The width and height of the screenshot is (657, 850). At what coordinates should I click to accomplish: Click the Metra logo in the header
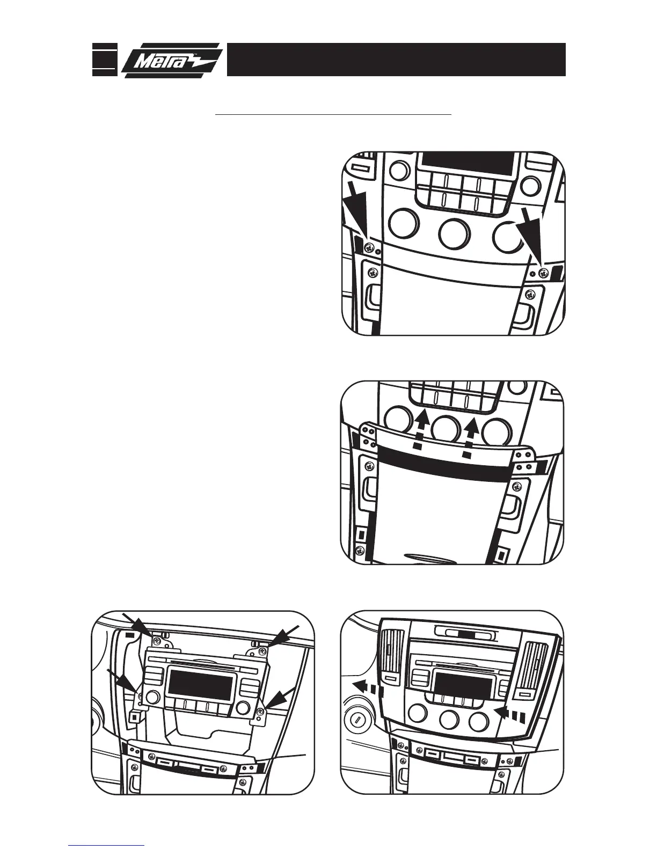click(x=171, y=60)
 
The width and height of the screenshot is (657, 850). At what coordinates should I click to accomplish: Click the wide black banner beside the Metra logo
click(x=396, y=60)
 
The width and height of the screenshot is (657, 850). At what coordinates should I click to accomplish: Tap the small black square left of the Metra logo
click(x=104, y=60)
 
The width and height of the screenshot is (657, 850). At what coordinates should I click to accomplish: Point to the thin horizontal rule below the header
click(x=333, y=114)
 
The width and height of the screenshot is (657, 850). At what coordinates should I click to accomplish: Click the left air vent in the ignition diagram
click(x=391, y=656)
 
